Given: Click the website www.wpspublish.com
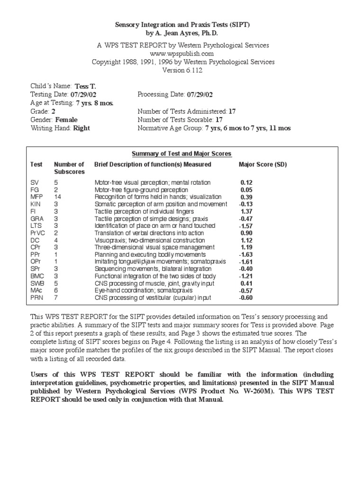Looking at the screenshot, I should (182, 54).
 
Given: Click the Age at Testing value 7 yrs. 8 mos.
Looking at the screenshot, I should (94, 103).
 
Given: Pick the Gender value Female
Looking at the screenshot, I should (66, 120).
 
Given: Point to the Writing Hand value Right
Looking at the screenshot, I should (81, 128).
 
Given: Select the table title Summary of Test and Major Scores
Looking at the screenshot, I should (182, 153).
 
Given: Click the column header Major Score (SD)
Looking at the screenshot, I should (263, 164).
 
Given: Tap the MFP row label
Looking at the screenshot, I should (36, 197).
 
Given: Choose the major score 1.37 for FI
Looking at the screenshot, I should (246, 211).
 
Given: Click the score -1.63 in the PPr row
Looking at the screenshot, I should (245, 254).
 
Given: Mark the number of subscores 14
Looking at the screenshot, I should (57, 197).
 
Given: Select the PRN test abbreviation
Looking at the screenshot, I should (36, 297).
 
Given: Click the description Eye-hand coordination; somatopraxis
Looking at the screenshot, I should (142, 290).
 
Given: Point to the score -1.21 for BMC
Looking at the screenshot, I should (245, 276).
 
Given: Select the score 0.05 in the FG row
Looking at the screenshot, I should (246, 189).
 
